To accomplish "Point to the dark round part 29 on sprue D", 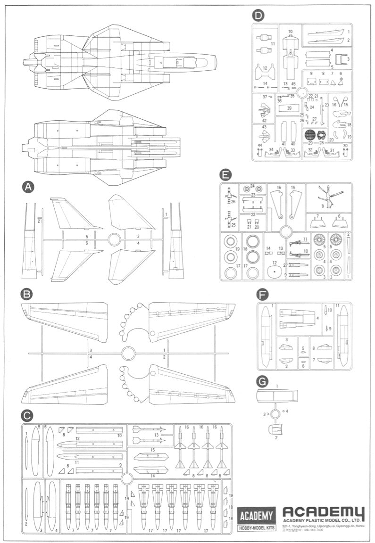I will (x=310, y=135).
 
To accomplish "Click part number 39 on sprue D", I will (x=289, y=108).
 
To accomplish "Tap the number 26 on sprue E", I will (x=233, y=202).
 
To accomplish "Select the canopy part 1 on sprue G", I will (x=276, y=395).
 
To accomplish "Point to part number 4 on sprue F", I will (x=317, y=318).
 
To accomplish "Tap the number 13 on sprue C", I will (x=156, y=435).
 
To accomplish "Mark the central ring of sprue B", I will (x=128, y=353).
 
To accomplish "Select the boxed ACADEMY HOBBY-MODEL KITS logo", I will (x=256, y=519).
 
